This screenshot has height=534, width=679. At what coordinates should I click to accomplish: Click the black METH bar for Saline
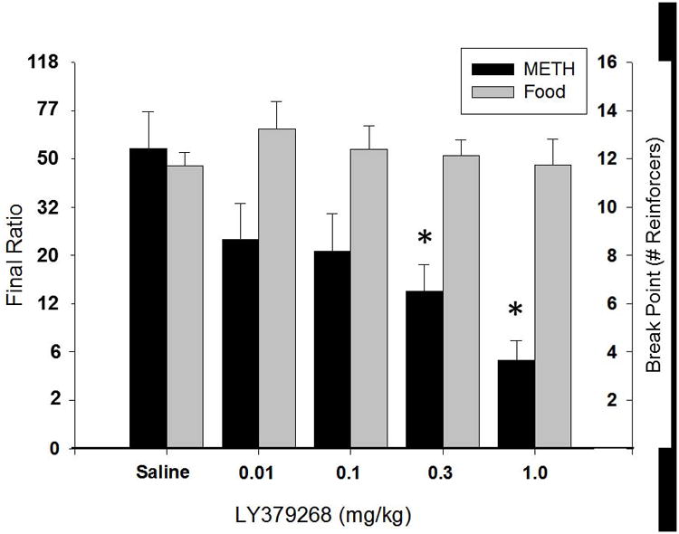148,299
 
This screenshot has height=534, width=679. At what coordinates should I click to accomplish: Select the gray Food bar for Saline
186,307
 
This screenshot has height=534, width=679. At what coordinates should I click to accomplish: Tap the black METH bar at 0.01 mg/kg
240,344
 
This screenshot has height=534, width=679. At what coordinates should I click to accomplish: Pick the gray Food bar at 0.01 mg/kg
277,289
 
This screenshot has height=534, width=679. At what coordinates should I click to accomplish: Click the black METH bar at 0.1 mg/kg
332,349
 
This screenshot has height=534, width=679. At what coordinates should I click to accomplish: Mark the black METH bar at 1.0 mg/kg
516,404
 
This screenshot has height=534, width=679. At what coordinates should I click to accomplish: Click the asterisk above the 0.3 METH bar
425,240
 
